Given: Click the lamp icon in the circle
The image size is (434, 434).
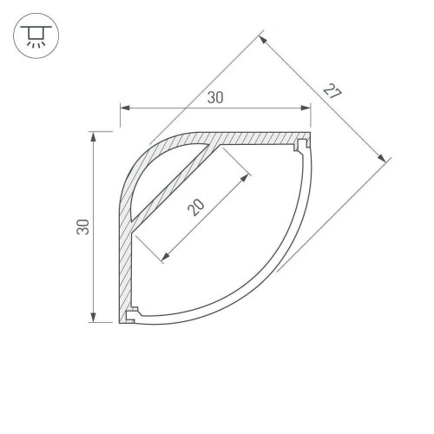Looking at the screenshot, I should pos(34,34).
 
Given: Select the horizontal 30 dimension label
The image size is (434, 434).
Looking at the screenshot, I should pos(215,98).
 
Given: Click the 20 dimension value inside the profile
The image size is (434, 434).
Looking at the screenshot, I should pos(197,205).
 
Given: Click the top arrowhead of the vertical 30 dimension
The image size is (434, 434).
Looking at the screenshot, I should pos(93,137).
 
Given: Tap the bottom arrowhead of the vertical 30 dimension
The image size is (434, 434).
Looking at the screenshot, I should pos(93,318).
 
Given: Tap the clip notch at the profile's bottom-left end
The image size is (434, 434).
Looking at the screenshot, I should pos(132,314).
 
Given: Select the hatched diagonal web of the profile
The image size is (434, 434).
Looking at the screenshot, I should pos(174,187).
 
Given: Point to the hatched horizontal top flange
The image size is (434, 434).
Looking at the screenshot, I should pos(260,138).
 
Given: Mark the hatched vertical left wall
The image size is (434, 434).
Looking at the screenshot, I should pos(123,260).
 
